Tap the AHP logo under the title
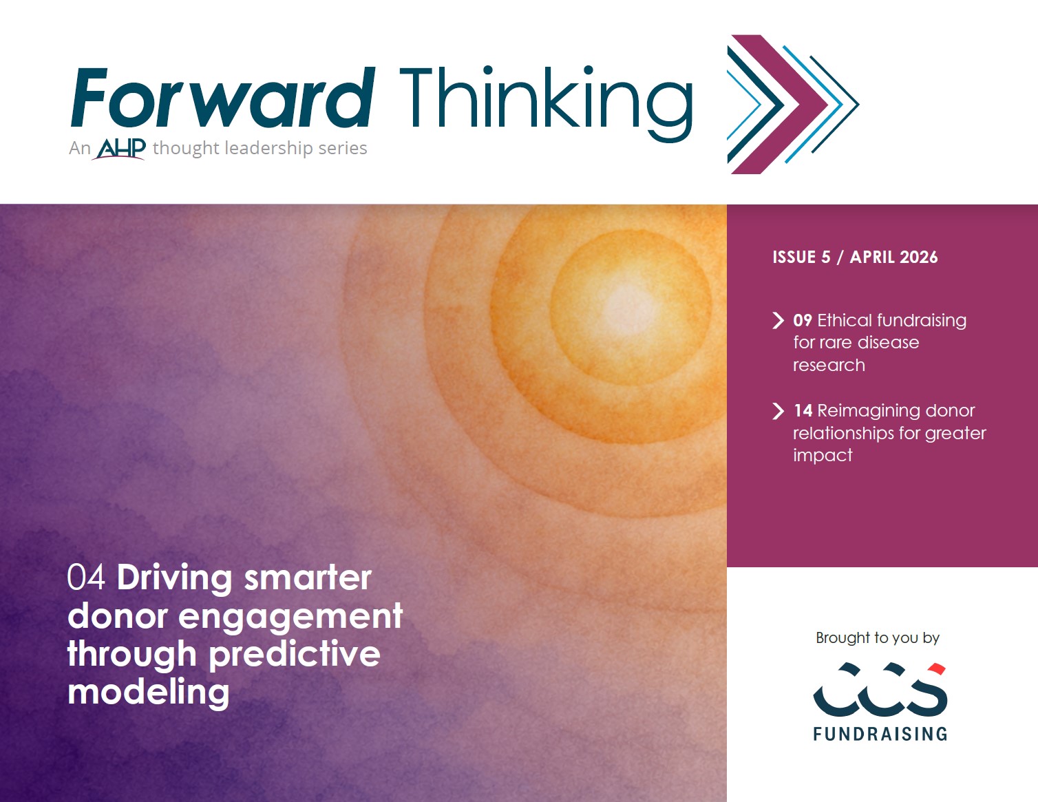coord(119,149)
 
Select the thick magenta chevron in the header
coord(778,104)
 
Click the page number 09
coord(803,320)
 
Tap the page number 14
coord(803,410)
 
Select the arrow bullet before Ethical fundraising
coord(778,320)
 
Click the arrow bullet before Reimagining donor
coord(778,411)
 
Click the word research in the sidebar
coord(829,366)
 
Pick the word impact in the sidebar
coord(823,456)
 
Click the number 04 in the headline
coord(86,578)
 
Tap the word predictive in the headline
coord(294,654)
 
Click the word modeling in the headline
coord(149,693)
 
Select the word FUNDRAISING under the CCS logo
coord(880,734)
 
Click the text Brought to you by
coord(878,638)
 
